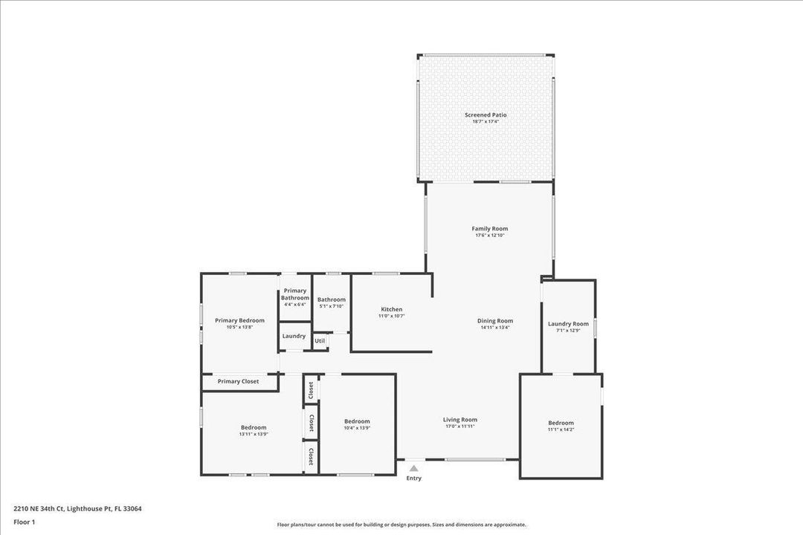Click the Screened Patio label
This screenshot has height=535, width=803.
click(486, 115)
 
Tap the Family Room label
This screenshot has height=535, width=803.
click(490, 229)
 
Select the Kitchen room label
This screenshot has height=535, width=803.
click(392, 309)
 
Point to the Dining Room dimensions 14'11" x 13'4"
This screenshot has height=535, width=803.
click(495, 328)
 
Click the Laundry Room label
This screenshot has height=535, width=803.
click(568, 324)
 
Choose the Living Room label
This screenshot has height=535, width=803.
click(460, 420)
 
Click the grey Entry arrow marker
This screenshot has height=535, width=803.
click(414, 468)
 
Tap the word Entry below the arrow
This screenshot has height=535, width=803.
click(414, 479)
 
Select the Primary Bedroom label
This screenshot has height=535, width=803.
click(239, 320)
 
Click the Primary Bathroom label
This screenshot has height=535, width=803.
click(294, 294)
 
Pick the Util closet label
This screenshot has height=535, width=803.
click(320, 341)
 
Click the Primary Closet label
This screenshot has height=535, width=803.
click(239, 382)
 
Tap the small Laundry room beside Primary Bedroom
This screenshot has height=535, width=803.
click(294, 336)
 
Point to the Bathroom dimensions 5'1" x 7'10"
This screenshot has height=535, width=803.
click(332, 306)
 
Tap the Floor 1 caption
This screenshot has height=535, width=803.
click(24, 522)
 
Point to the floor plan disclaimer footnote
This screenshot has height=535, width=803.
click(401, 525)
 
